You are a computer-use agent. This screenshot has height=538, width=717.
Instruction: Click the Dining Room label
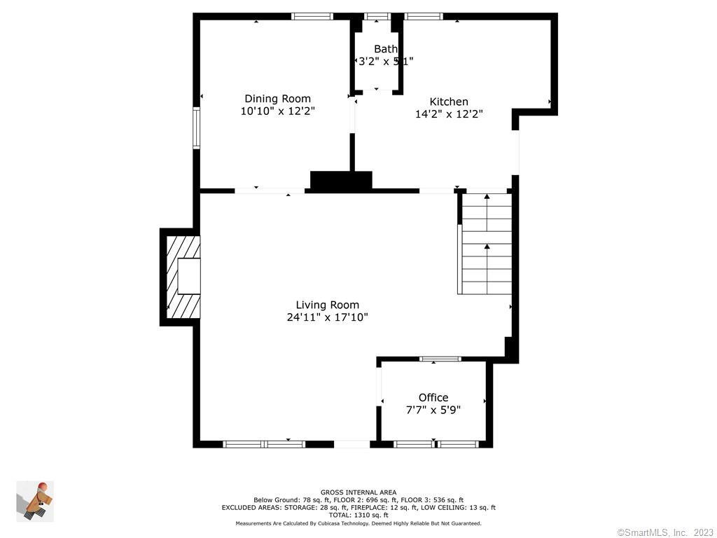(x=277, y=99)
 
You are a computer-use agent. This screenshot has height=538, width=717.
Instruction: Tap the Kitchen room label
(x=449, y=102)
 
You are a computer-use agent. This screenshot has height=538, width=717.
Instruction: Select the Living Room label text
(x=327, y=305)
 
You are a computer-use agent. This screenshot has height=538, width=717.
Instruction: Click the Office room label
(x=433, y=397)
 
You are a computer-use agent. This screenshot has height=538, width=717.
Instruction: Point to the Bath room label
(x=385, y=49)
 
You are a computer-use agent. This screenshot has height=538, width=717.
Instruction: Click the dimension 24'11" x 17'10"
(x=327, y=317)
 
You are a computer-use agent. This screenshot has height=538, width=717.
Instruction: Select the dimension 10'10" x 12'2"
(x=277, y=111)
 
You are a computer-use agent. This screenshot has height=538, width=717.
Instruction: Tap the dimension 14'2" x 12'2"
(x=449, y=113)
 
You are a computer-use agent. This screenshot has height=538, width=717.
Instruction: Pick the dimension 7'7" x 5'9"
(x=433, y=409)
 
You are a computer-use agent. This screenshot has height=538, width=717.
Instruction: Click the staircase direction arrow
(x=487, y=247)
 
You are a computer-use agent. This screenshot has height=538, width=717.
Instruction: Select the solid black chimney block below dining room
(x=341, y=181)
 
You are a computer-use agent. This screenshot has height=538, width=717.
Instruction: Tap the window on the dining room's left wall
(x=197, y=128)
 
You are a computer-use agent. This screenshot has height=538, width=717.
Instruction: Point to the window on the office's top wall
(x=440, y=359)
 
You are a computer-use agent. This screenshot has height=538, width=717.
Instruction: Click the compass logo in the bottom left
(x=35, y=501)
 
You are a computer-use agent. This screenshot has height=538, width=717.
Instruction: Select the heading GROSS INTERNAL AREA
(x=358, y=492)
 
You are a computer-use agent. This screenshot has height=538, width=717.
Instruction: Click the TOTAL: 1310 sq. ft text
(x=358, y=515)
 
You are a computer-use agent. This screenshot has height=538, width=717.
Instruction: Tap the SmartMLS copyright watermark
(x=664, y=532)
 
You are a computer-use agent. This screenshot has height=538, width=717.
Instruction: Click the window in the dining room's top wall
(x=312, y=16)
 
